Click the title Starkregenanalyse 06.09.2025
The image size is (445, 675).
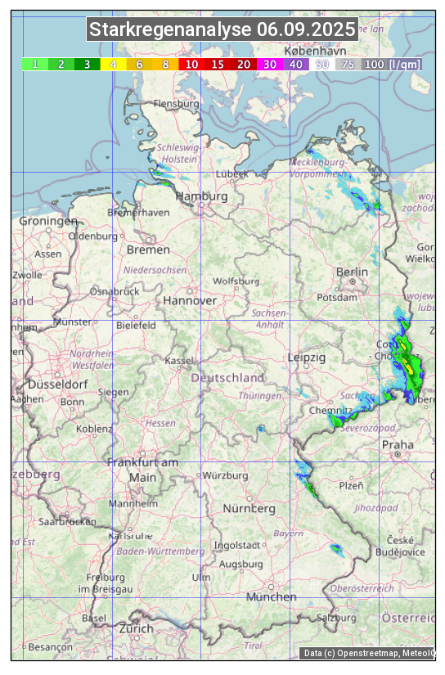tap(222, 30)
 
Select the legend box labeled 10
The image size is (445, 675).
tap(191, 64)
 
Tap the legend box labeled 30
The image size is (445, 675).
tap(269, 64)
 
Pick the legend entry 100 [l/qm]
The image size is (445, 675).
tap(392, 64)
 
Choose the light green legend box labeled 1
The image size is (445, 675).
tap(35, 64)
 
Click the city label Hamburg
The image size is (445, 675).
tap(202, 196)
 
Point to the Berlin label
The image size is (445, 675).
tap(352, 272)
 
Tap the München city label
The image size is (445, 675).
tap(271, 596)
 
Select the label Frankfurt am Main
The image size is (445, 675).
tap(143, 470)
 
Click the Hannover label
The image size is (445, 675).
tap(190, 300)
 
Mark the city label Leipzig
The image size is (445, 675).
tap(307, 358)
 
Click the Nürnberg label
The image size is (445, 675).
tap(249, 508)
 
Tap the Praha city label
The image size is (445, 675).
tap(398, 444)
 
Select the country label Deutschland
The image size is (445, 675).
tap(227, 377)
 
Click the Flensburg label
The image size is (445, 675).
tap(177, 104)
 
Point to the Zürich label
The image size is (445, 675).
tap(136, 628)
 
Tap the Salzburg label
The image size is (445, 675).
tap(336, 617)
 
